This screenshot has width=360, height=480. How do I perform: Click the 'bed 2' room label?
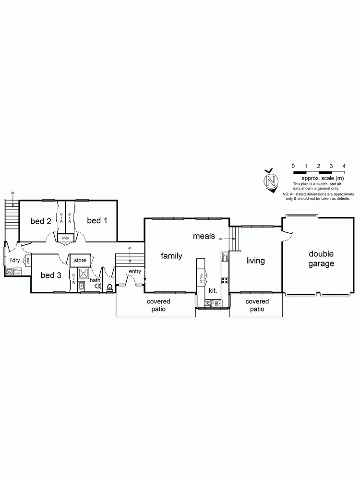pyautogui.click(x=41, y=221)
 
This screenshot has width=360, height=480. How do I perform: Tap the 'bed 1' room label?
pyautogui.click(x=97, y=220)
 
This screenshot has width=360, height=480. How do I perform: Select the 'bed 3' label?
pyautogui.click(x=51, y=275)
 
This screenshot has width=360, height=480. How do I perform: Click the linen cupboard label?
pyautogui.click(x=65, y=238)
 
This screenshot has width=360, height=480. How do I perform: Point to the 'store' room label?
pyautogui.click(x=80, y=260)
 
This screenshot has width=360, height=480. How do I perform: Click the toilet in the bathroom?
pyautogui.click(x=110, y=288)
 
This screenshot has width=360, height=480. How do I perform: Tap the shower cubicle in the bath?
pyautogui.click(x=83, y=274)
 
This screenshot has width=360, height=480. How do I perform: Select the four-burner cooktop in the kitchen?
pyautogui.click(x=224, y=280)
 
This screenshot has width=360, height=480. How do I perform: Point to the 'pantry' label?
pyautogui.click(x=202, y=278)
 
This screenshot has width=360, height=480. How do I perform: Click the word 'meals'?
pyautogui.click(x=204, y=236)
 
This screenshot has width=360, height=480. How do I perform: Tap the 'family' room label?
pyautogui.click(x=171, y=256)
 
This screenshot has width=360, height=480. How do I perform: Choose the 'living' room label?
pyautogui.click(x=255, y=261)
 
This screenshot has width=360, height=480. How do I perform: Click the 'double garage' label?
pyautogui.click(x=321, y=259)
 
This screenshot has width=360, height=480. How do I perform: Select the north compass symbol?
pyautogui.click(x=271, y=181)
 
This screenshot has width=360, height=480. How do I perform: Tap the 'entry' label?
pyautogui.click(x=135, y=272)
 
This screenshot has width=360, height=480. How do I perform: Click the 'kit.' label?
pyautogui.click(x=213, y=291)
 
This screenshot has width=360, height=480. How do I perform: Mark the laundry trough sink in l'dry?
pyautogui.click(x=10, y=272)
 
